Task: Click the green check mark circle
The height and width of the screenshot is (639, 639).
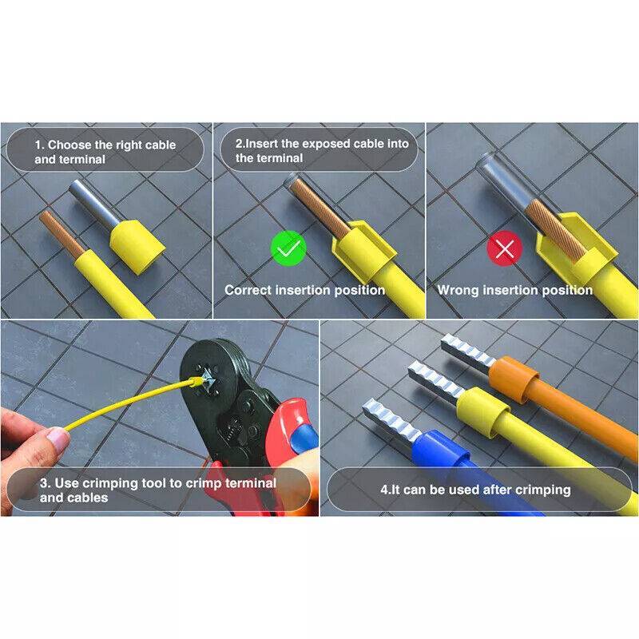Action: (x=288, y=248)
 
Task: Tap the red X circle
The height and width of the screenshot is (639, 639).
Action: (x=505, y=248)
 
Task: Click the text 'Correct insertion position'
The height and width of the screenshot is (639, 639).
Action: (x=305, y=290)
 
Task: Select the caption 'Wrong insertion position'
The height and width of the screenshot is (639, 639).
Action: (x=515, y=290)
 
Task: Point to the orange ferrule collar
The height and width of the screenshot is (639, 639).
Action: (x=513, y=379)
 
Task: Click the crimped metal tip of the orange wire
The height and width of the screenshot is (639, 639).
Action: (x=468, y=353)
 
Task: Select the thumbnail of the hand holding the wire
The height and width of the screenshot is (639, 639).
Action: (x=34, y=440)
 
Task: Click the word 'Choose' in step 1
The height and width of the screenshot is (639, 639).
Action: (x=69, y=145)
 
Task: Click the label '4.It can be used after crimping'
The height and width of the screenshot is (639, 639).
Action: (x=475, y=490)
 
